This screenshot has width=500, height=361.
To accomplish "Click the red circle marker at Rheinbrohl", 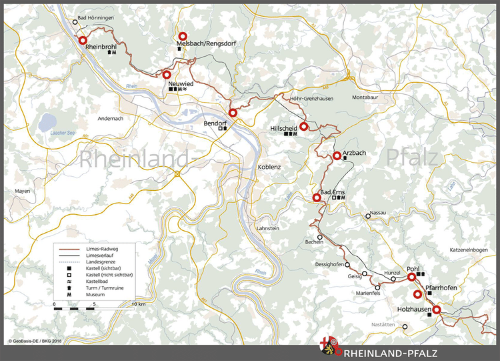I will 83,41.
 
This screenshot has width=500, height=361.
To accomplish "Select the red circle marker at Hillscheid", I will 303,126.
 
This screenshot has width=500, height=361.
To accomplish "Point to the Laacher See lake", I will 48,122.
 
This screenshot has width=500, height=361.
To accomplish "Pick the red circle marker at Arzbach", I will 337,155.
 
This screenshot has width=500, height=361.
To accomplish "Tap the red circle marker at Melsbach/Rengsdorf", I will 183,37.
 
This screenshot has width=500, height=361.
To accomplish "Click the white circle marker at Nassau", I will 367,216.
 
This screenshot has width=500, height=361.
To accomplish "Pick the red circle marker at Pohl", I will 412,276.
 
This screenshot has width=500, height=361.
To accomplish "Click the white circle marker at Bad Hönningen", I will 75,21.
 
